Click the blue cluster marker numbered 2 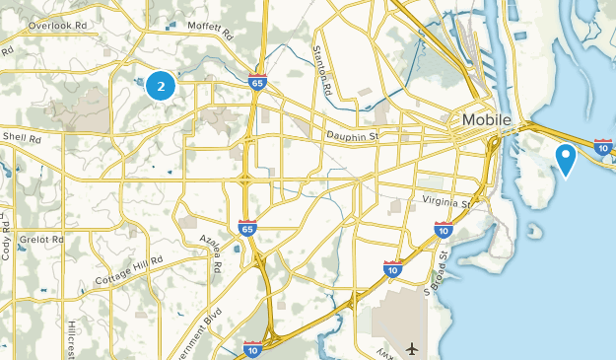click(x=161, y=86)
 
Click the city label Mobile click(x=486, y=120)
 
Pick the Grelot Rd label click(x=43, y=239)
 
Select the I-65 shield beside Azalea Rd click(x=247, y=228)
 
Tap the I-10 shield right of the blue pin click(x=603, y=148)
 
